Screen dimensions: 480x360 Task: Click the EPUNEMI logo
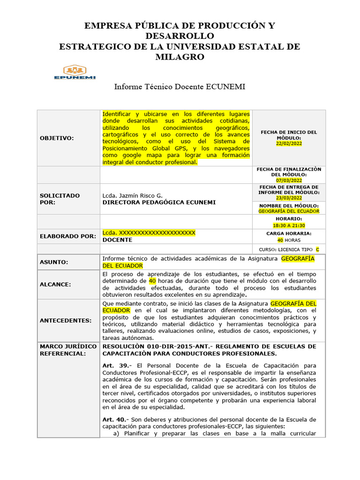point(75,72)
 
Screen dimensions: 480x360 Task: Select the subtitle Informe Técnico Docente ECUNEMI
point(180,87)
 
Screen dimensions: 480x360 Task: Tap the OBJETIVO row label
point(57,138)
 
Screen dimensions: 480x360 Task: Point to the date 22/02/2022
point(289,143)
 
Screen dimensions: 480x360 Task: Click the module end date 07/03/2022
point(289,180)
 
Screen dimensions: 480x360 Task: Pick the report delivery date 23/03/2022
point(289,198)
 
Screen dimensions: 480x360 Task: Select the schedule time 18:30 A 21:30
point(289,225)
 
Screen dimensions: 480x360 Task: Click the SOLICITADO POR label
point(60,199)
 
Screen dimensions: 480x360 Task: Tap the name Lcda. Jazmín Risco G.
point(133,195)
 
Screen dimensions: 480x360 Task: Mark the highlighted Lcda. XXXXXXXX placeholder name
point(149,232)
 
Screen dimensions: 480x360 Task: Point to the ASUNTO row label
point(54,262)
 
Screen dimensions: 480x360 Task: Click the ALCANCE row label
point(55,284)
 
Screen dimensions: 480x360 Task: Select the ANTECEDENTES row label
point(66,320)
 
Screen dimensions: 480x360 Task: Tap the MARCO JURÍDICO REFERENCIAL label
point(68,349)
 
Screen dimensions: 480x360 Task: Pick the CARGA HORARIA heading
point(289,233)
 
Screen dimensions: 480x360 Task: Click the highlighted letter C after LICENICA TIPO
point(317,249)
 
